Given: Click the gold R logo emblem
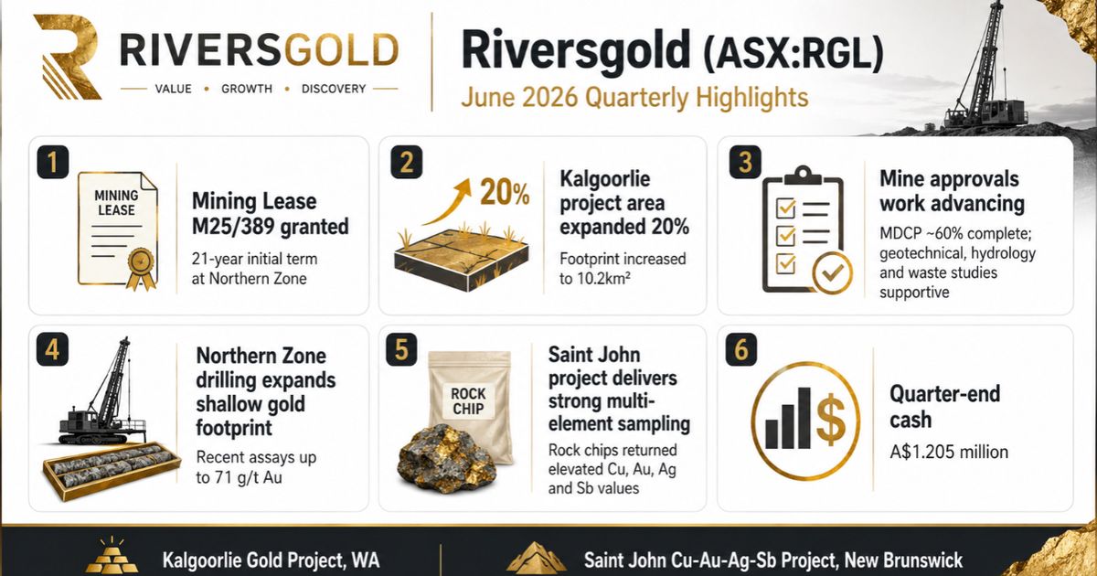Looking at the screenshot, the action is pyautogui.click(x=66, y=57).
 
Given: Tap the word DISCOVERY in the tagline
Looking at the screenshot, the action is pyautogui.click(x=334, y=90).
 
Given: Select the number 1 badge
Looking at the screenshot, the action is pyautogui.click(x=52, y=162).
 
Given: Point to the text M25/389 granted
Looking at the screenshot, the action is pyautogui.click(x=271, y=227).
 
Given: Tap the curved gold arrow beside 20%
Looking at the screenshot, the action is pyautogui.click(x=447, y=201).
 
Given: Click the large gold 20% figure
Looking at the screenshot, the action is pyautogui.click(x=505, y=191).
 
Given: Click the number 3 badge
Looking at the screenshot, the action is pyautogui.click(x=745, y=162).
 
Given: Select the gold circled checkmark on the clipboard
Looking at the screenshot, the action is pyautogui.click(x=832, y=272).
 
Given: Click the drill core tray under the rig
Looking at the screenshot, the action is pyautogui.click(x=112, y=469).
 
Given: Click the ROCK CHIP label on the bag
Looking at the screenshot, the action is pyautogui.click(x=468, y=400).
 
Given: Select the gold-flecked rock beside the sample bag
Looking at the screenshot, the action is pyautogui.click(x=446, y=458).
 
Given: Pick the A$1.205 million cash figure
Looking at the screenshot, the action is pyautogui.click(x=949, y=452).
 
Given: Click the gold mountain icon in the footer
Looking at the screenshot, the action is pyautogui.click(x=536, y=559).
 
